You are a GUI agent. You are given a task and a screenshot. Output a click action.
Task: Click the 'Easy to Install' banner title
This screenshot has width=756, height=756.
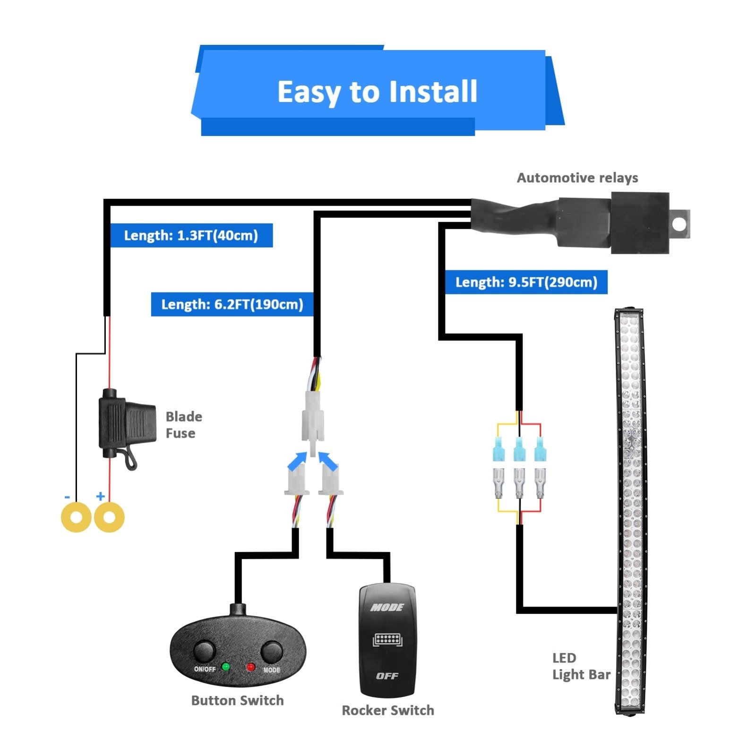pyautogui.click(x=377, y=92)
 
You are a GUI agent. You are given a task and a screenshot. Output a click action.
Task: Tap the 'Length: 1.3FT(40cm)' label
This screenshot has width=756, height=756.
pyautogui.click(x=191, y=235)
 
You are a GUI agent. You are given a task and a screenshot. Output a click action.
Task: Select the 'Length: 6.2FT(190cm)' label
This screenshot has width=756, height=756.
pyautogui.click(x=232, y=304)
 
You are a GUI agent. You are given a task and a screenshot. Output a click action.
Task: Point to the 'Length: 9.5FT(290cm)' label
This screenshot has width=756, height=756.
pyautogui.click(x=526, y=283)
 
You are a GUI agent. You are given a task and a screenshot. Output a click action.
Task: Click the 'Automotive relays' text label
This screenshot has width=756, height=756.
pyautogui.click(x=577, y=178)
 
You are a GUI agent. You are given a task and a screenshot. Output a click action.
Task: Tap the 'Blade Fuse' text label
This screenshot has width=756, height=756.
pyautogui.click(x=183, y=425)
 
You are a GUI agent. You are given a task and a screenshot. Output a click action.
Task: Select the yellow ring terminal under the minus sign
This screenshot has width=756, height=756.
pyautogui.click(x=76, y=517)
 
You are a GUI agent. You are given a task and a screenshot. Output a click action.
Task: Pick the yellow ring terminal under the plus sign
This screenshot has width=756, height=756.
pyautogui.click(x=109, y=517)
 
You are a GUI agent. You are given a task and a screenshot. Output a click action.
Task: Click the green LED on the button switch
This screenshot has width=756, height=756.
pyautogui.click(x=226, y=667)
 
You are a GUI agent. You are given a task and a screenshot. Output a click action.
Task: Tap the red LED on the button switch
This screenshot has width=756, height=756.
pyautogui.click(x=250, y=667)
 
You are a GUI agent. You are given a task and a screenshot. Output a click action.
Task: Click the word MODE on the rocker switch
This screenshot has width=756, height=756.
pyautogui.click(x=387, y=607)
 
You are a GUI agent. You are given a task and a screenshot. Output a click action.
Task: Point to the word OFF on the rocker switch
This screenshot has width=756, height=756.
pyautogui.click(x=387, y=676)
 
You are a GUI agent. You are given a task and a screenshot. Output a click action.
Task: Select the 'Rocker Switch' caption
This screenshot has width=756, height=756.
pyautogui.click(x=387, y=710)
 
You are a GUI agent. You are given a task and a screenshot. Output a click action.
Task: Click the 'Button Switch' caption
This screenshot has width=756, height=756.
pyautogui.click(x=237, y=700)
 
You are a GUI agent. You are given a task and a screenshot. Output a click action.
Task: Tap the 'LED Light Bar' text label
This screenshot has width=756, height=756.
pyautogui.click(x=581, y=666)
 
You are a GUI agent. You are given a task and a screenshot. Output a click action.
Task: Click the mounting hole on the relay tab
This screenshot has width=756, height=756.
pyautogui.click(x=679, y=224)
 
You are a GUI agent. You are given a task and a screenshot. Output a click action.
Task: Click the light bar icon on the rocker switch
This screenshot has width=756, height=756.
pyautogui.click(x=387, y=640)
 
